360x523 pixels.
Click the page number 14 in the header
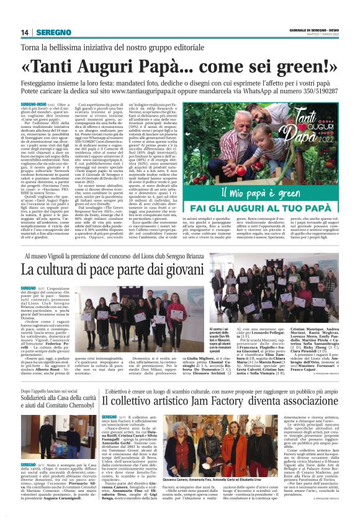pyautogui.click(x=25, y=32)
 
